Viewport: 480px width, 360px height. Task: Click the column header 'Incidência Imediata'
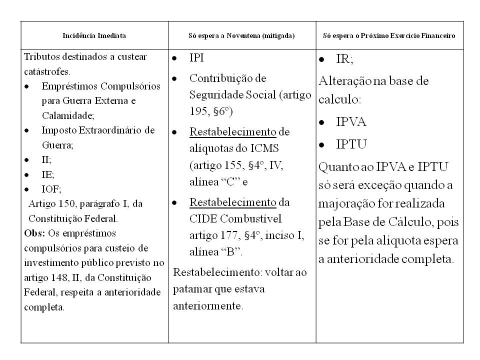pos(94,36)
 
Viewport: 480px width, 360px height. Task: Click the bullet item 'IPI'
pos(196,58)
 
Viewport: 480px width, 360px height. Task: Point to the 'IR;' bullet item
pos(344,59)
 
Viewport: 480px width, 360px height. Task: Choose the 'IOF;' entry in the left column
pos(51,189)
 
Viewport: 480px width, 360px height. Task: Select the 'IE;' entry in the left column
pos(48,174)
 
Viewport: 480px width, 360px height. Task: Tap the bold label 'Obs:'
pos(33,233)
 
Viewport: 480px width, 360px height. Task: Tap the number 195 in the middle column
pos(198,109)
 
